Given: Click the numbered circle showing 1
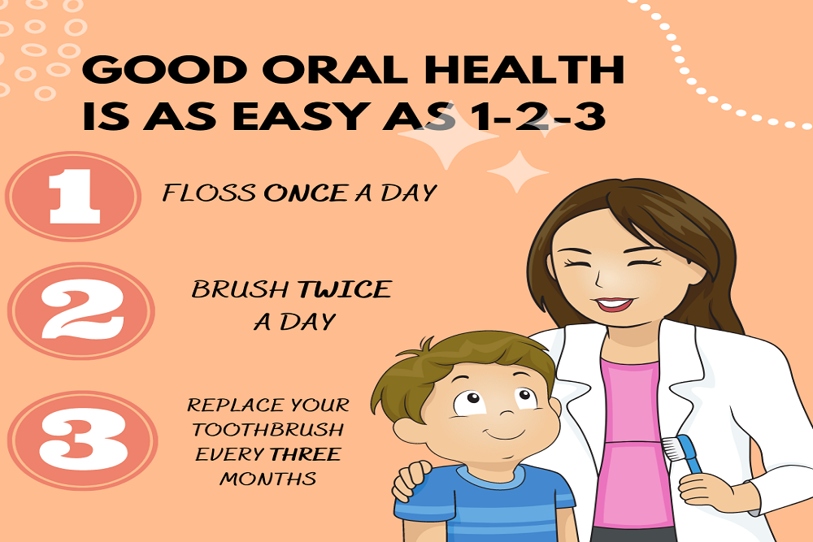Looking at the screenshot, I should tap(73, 197).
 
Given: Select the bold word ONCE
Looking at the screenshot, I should tap(306, 193).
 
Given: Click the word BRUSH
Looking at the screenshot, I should tap(241, 290).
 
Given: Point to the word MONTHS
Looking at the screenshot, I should tap(268, 479).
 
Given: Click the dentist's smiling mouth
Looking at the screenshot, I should tap(614, 306).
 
